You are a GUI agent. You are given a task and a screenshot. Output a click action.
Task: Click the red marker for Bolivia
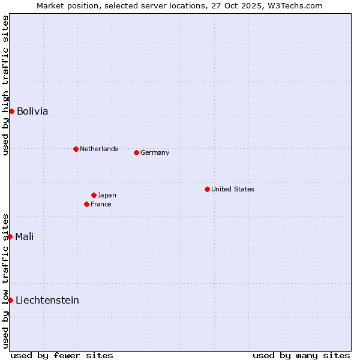click(x=11, y=111)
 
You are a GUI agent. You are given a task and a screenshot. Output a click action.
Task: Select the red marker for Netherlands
click(x=76, y=149)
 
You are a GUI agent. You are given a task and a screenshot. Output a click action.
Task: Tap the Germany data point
click(x=136, y=152)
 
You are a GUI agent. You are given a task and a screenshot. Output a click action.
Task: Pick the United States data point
click(x=207, y=189)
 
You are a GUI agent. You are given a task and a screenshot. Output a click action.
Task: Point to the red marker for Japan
click(x=94, y=195)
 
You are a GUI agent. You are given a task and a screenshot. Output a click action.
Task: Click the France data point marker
click(x=86, y=204)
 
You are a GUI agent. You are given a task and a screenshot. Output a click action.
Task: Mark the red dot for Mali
click(x=10, y=236)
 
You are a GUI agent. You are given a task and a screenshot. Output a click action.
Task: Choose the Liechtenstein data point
click(x=10, y=300)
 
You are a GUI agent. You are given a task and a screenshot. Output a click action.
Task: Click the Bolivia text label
click(x=32, y=111)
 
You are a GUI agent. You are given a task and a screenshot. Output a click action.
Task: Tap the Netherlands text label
click(x=99, y=149)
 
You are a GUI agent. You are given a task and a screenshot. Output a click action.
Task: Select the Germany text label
click(x=155, y=152)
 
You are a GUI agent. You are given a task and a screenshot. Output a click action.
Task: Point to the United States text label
click(x=233, y=189)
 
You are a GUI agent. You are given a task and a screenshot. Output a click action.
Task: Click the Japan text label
click(x=107, y=195)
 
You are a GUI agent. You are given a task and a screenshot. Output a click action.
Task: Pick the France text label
click(x=101, y=204)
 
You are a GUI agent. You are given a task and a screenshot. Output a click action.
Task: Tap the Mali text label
click(x=24, y=236)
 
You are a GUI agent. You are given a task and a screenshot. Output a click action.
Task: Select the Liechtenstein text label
click(x=47, y=300)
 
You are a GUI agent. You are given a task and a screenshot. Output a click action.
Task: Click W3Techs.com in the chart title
click(x=294, y=6)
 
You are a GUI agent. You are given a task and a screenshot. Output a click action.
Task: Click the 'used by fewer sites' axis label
click(x=62, y=355)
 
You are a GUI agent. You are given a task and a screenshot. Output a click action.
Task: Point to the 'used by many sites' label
click(x=301, y=355)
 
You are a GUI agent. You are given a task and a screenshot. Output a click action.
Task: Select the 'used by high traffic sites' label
click(x=5, y=85)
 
